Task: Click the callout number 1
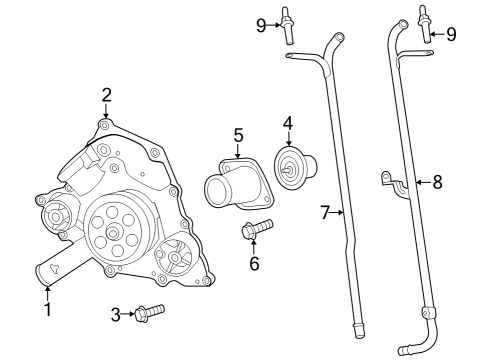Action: [x=46, y=298]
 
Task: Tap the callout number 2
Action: [x=106, y=96]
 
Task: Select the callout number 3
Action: [x=116, y=314]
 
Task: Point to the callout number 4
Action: [x=287, y=124]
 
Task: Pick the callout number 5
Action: [x=238, y=133]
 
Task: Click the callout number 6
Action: [x=254, y=264]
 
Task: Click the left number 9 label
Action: [x=262, y=24]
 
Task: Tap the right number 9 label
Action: [x=451, y=34]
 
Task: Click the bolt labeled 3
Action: [x=148, y=314]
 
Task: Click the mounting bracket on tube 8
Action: [x=391, y=181]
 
